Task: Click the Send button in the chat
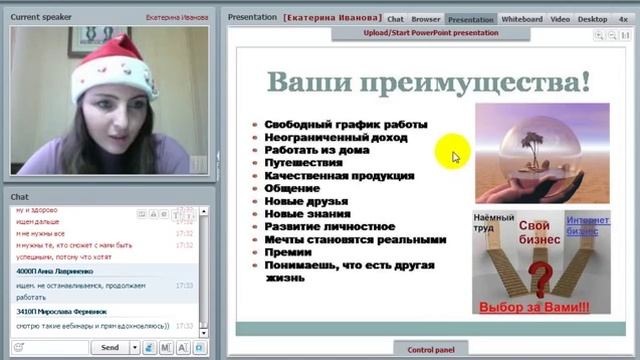coord(110,347)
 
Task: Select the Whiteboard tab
coord(521,18)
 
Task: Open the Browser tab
coord(426,18)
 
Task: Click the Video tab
coord(560,18)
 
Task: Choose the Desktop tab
coord(592,18)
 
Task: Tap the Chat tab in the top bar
coord(396,18)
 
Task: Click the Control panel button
coord(431,349)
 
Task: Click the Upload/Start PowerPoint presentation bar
coord(431,32)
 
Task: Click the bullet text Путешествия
coord(303,163)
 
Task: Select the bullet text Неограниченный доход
coord(330,137)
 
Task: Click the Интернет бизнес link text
coord(588,225)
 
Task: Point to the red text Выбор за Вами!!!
coord(534,307)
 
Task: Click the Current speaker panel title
coord(39,17)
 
